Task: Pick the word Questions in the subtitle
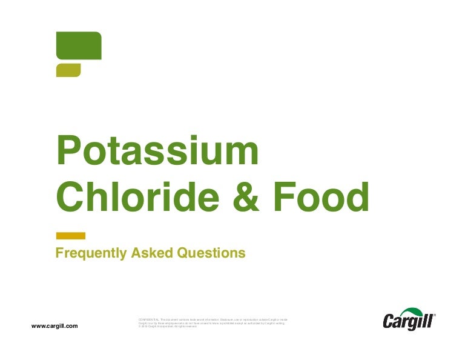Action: point(209,253)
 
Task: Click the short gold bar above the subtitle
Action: point(70,235)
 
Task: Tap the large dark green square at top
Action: point(78,45)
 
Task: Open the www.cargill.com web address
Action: point(54,326)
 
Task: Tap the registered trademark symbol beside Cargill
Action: point(434,316)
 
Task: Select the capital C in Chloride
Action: point(71,196)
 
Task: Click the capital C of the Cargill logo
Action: point(389,322)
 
